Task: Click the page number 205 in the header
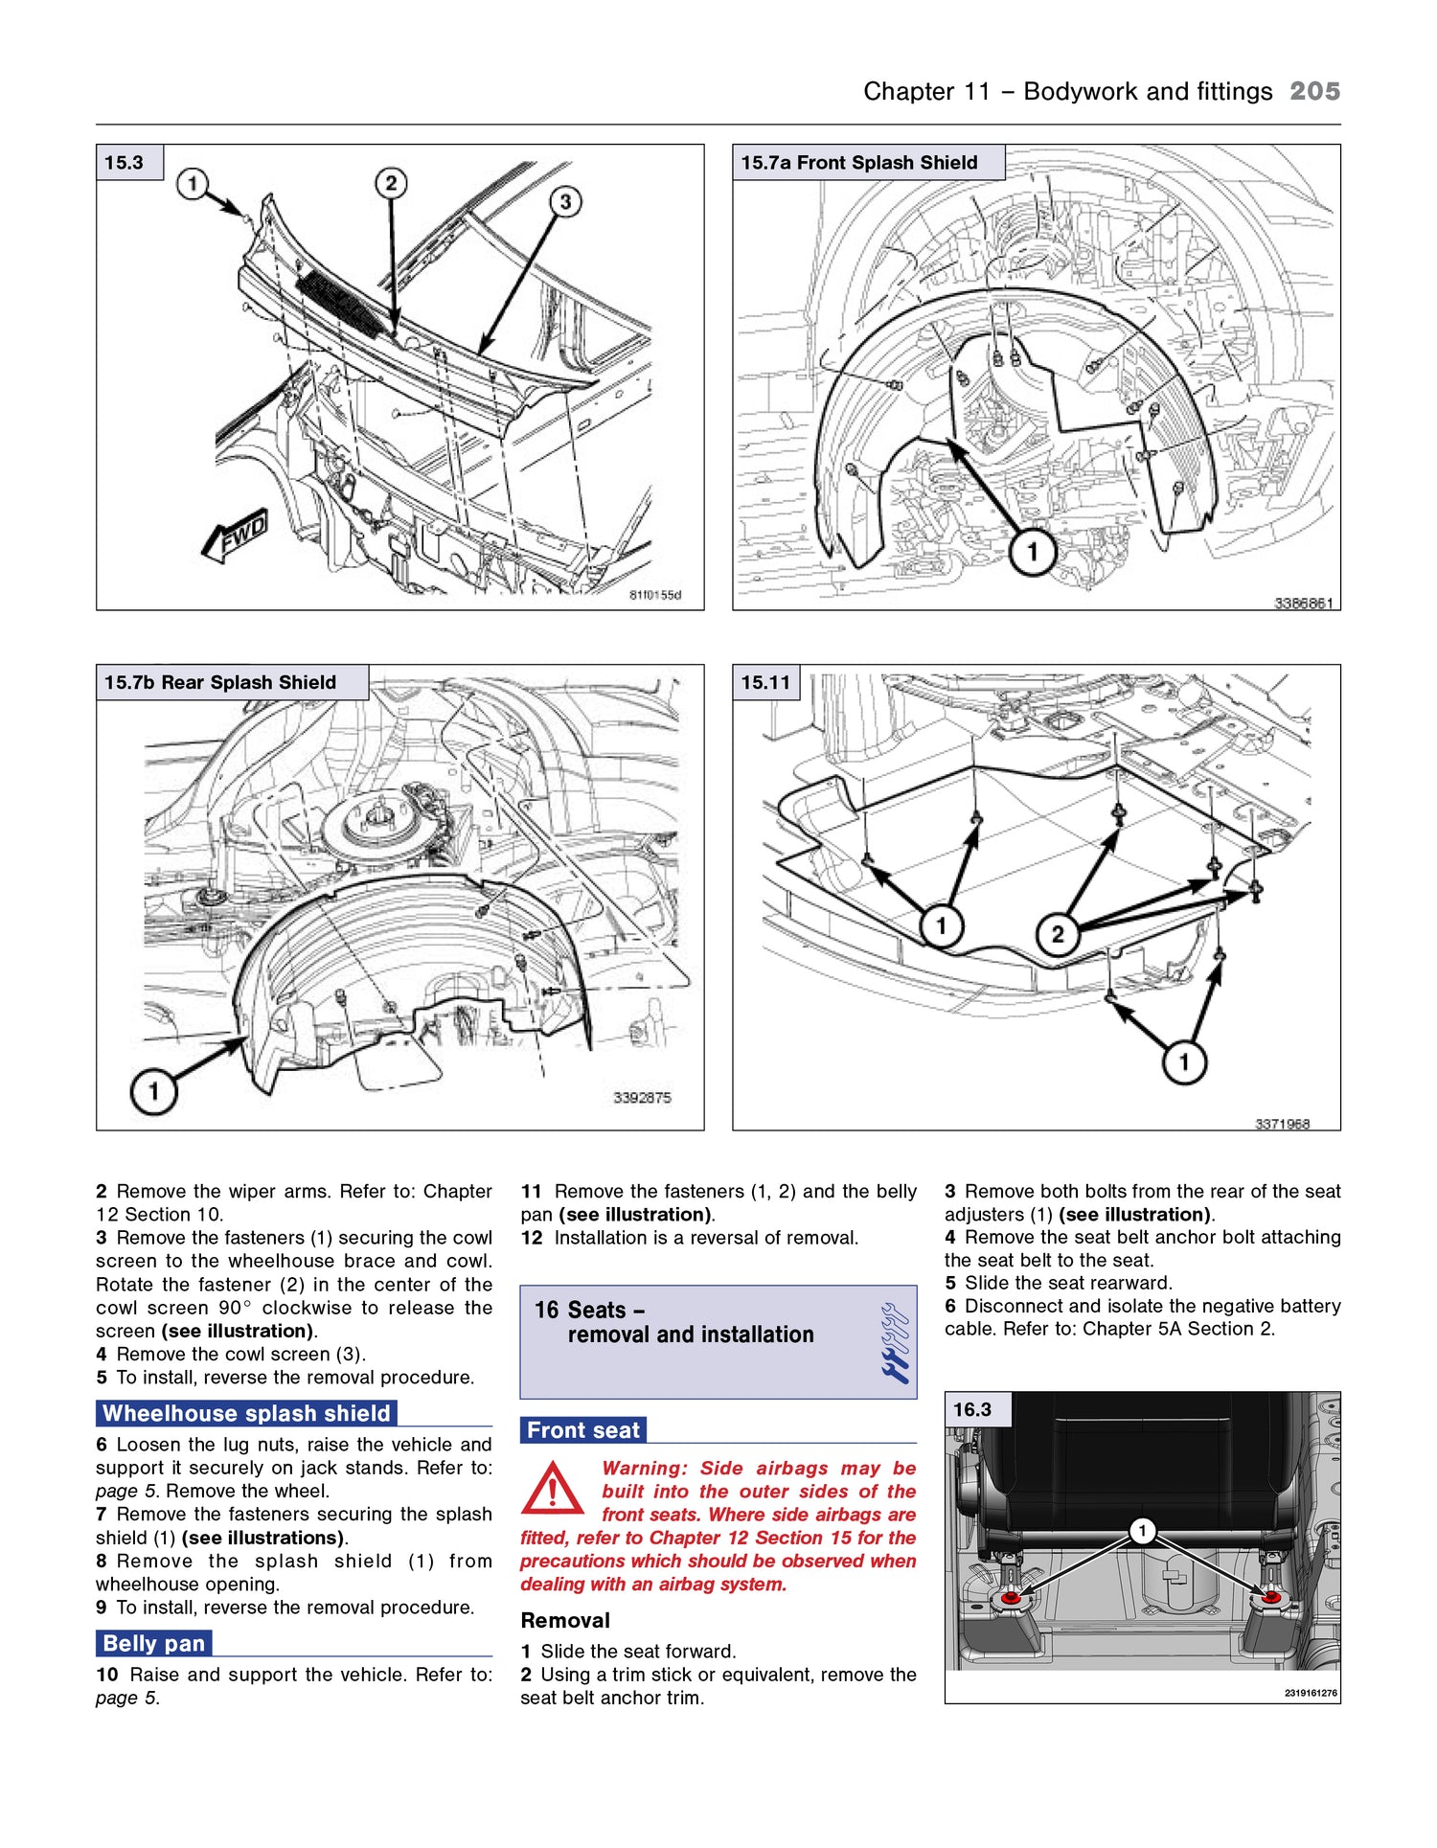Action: (1314, 91)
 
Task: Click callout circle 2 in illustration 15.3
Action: (390, 183)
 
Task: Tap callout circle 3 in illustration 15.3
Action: (565, 201)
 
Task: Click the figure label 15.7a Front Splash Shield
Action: (859, 163)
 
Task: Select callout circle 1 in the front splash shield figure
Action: (1032, 552)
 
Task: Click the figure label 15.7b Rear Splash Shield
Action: (220, 682)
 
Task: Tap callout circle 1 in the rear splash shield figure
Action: (153, 1090)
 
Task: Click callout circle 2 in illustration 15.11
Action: (1057, 934)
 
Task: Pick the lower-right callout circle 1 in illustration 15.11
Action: (1184, 1061)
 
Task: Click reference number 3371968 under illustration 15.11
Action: (1282, 1124)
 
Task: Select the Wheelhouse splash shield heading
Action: (246, 1413)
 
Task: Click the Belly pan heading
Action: (153, 1643)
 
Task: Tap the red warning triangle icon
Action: (552, 1489)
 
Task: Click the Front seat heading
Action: (582, 1429)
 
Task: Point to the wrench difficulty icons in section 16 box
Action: (895, 1342)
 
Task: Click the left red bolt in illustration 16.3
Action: (1010, 1598)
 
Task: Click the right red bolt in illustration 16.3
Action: (1270, 1597)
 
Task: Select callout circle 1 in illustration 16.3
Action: (1141, 1531)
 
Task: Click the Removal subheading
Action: (565, 1620)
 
